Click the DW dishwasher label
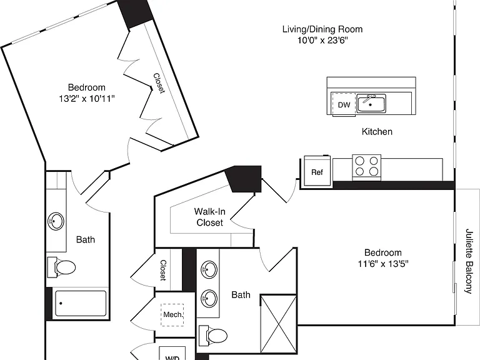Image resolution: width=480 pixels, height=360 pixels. point(344,105)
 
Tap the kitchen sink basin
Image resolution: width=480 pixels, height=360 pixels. point(371,104)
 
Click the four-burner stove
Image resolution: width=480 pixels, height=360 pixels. point(366,167)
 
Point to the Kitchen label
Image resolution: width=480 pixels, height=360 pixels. point(377,132)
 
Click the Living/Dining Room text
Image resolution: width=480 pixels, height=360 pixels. point(322,29)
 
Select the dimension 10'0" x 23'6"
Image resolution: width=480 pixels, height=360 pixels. point(322,40)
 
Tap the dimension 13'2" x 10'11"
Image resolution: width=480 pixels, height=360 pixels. point(87,99)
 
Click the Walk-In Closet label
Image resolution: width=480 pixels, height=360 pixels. point(210,217)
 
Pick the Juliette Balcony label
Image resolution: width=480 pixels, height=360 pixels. point(469,261)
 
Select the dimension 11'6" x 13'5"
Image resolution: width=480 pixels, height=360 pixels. point(383,264)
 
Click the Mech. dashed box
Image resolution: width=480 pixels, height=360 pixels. point(172,315)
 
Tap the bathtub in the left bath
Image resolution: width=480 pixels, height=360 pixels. point(81,303)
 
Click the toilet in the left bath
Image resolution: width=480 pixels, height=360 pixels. point(61,267)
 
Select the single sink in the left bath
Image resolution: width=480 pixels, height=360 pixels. point(56,221)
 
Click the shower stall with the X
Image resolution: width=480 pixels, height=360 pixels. point(278,323)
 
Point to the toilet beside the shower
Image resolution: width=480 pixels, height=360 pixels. point(213,335)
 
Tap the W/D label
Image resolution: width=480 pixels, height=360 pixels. point(172,357)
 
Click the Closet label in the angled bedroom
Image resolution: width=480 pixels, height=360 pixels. point(159,83)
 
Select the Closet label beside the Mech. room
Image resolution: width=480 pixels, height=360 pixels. point(163,270)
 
